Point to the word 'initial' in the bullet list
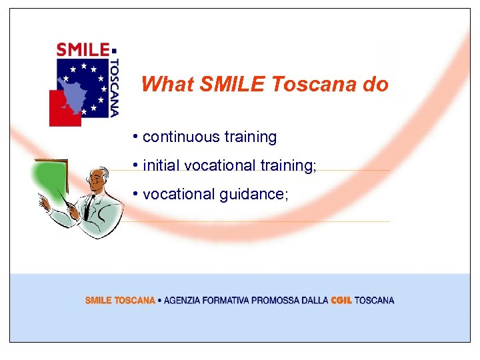(x=161, y=165)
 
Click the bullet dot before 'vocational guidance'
(x=135, y=194)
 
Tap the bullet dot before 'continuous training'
(x=135, y=137)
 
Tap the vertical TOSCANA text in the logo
(x=115, y=87)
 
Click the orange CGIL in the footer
(x=341, y=301)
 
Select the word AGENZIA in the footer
(x=182, y=301)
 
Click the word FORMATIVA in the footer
(x=225, y=301)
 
